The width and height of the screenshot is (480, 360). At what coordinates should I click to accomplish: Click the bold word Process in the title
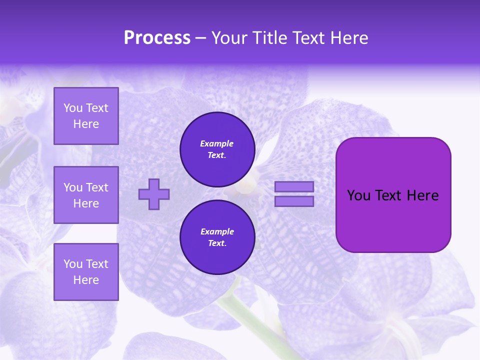pyautogui.click(x=157, y=38)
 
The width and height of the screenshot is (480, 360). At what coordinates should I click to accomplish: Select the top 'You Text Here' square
pyautogui.click(x=86, y=116)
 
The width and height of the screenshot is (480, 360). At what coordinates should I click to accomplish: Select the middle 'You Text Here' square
pyautogui.click(x=86, y=195)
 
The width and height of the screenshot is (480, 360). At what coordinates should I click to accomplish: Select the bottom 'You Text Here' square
pyautogui.click(x=86, y=271)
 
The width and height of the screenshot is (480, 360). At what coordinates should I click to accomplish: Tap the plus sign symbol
pyautogui.click(x=154, y=194)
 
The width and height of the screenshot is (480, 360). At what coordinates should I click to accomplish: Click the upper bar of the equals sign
pyautogui.click(x=294, y=186)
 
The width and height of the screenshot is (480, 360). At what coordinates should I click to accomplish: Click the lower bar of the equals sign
pyautogui.click(x=294, y=201)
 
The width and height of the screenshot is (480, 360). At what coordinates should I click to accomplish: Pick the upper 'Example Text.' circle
pyautogui.click(x=217, y=149)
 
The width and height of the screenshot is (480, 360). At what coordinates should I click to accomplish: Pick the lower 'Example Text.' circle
pyautogui.click(x=217, y=237)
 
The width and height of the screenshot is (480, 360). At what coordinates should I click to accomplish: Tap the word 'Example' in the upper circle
pyautogui.click(x=217, y=143)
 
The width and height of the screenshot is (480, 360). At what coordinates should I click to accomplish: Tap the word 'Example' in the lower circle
pyautogui.click(x=217, y=231)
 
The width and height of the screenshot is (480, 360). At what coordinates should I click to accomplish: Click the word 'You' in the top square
pyautogui.click(x=73, y=108)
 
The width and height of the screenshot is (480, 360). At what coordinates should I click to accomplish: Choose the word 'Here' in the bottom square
pyautogui.click(x=86, y=280)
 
